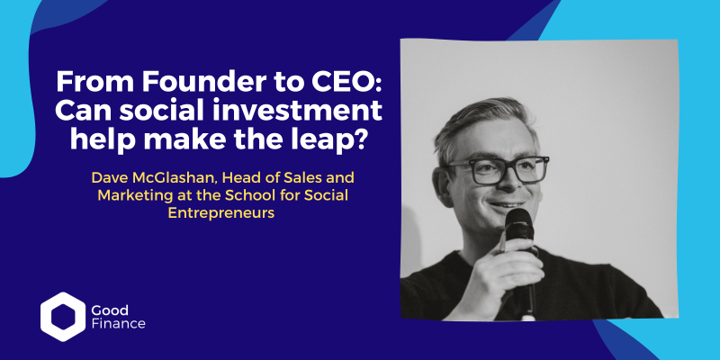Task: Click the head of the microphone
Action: [519, 224]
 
